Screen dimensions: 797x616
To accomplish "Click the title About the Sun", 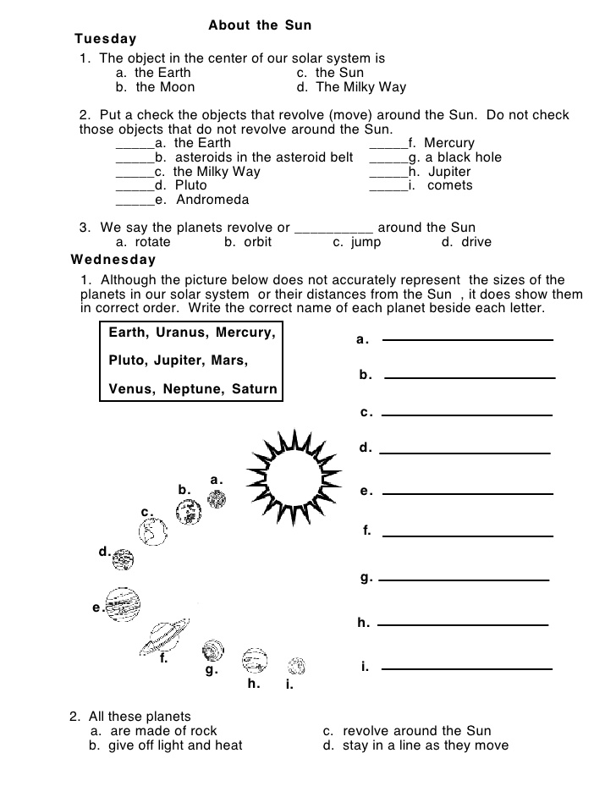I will click(x=260, y=25).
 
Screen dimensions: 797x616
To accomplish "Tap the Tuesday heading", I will click(x=105, y=39).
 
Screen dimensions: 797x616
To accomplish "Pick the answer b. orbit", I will click(x=248, y=242).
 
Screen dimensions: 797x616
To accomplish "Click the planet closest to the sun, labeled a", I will click(x=217, y=498).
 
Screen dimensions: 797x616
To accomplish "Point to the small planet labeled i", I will click(x=296, y=666).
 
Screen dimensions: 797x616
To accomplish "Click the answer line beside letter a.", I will click(x=468, y=340).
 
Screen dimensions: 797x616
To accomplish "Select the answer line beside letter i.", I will click(x=468, y=668).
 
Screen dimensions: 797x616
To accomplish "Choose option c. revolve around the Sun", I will click(x=406, y=731).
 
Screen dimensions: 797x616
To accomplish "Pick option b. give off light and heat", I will click(x=166, y=745).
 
